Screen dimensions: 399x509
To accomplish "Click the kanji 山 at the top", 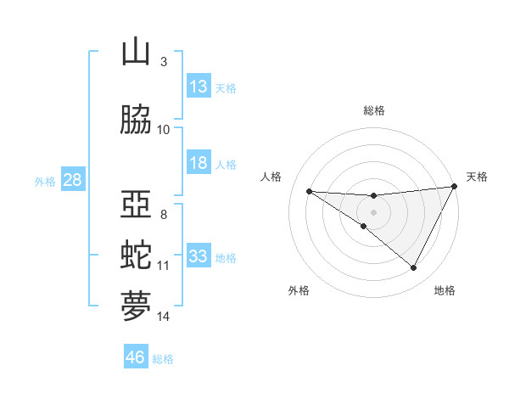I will click(x=136, y=52).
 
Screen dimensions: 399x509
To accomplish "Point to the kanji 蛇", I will click(x=136, y=256).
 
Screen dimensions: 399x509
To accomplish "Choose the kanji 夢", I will click(x=136, y=306).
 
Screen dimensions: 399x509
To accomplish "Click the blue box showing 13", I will click(x=199, y=86).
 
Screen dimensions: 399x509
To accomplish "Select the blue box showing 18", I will click(x=199, y=163).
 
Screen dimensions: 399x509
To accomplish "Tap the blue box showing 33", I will click(x=199, y=256).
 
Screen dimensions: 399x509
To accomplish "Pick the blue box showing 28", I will click(x=72, y=180).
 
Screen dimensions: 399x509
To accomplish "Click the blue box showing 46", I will click(x=136, y=357).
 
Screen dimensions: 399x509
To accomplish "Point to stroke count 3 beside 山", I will click(x=163, y=61).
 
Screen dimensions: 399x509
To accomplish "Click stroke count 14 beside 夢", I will click(x=164, y=317).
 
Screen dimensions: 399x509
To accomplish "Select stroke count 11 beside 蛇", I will click(x=164, y=266).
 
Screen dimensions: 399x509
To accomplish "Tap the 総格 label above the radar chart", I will click(x=374, y=110).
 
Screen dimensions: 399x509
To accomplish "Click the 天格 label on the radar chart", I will click(x=478, y=177).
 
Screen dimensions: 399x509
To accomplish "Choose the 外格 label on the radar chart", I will click(x=299, y=290).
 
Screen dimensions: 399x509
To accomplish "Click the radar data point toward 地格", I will click(x=414, y=268).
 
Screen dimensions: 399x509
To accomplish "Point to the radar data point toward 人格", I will click(x=309, y=191).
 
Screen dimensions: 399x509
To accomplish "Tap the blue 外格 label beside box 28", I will click(x=44, y=181).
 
